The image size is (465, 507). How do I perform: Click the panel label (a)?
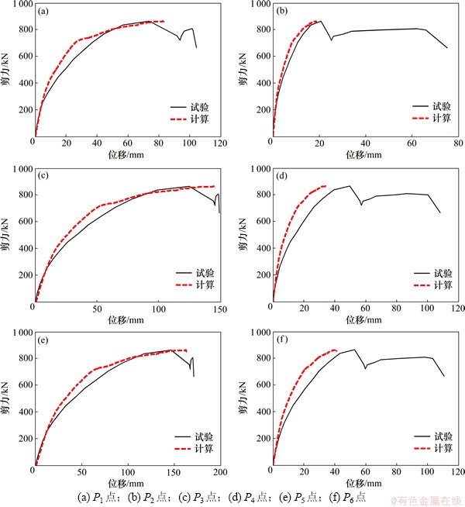[x=44, y=12]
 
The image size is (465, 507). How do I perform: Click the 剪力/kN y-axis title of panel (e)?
[x=7, y=401]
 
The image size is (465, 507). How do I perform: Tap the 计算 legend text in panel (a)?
[x=199, y=119]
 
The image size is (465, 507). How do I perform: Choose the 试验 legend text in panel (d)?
[x=443, y=273]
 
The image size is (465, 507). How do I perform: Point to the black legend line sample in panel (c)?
[x=184, y=273]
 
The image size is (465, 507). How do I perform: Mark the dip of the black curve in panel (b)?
[x=332, y=39]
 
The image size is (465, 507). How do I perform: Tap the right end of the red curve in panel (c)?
[x=215, y=186]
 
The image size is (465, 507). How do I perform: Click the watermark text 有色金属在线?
[x=426, y=500]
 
